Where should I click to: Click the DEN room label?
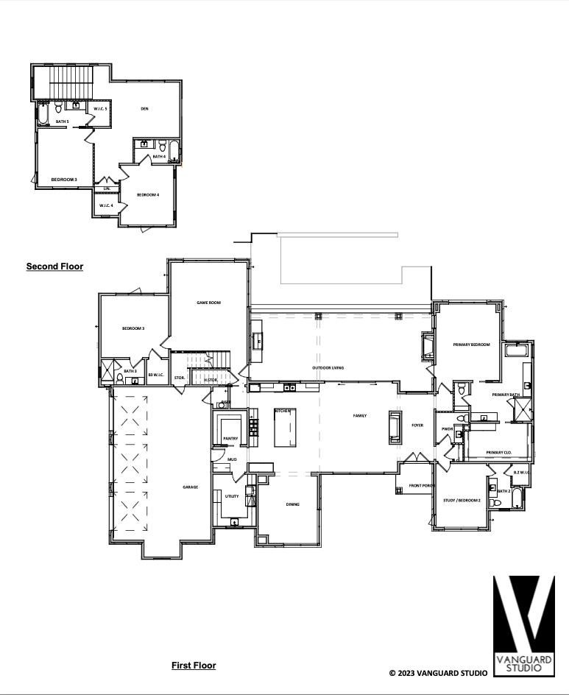pos(145,109)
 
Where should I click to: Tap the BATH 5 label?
pos(62,121)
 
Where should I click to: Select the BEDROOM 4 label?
pos(148,194)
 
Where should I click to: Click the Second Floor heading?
pos(54,267)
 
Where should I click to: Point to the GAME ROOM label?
pos(208,303)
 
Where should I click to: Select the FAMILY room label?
pos(359,416)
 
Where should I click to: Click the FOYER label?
pos(417,425)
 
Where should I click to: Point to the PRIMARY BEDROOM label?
pos(471,344)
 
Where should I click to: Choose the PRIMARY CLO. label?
pos(498,452)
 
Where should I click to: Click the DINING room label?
pos(293,504)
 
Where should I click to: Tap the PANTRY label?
pos(230,439)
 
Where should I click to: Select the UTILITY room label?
pos(231,496)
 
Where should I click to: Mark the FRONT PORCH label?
pos(423,486)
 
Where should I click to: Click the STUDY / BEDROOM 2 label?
pos(462,501)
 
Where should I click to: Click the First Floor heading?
pos(194,666)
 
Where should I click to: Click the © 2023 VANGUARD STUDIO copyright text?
pos(438,673)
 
